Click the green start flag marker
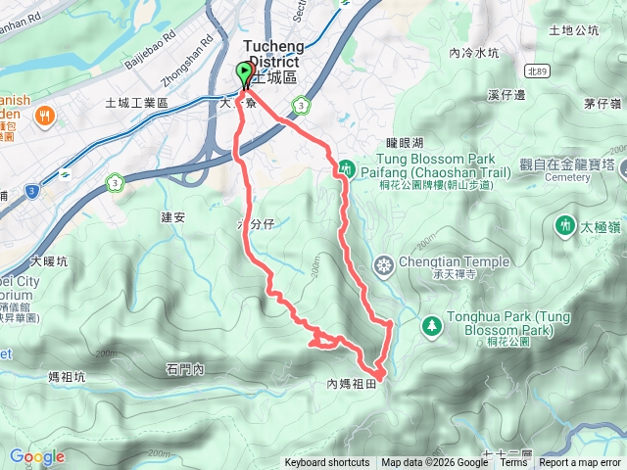(243, 72)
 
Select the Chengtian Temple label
(455, 262)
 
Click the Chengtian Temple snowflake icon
(383, 264)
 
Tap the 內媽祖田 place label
(351, 385)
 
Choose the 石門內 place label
(184, 369)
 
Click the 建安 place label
(173, 216)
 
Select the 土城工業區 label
(136, 103)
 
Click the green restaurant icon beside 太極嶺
(565, 225)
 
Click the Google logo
(36, 456)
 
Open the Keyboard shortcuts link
(327, 463)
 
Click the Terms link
(513, 463)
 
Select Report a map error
(580, 463)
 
